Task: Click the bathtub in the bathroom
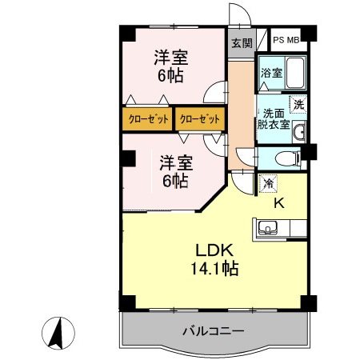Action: coord(297,73)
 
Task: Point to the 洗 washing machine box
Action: coord(298,104)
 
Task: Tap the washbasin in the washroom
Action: coord(300,133)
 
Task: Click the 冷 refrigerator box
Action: coord(266,183)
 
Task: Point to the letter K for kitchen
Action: coord(279,203)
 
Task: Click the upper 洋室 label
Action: coord(170,58)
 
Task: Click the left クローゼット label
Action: coord(147,119)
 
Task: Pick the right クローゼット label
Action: coord(199,119)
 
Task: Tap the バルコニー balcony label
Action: coord(213,330)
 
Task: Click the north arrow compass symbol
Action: coord(58,333)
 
